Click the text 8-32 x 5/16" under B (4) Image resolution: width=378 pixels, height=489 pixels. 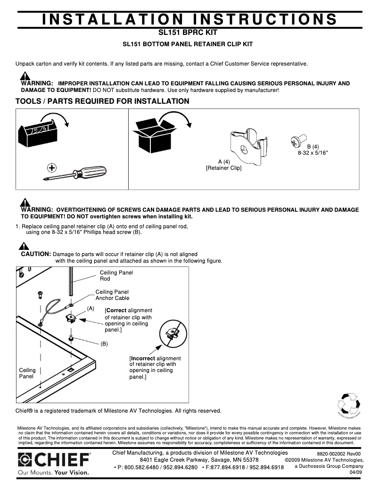tap(312, 153)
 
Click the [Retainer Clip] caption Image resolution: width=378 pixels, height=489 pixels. tap(223, 168)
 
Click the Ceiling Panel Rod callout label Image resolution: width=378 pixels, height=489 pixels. tap(116, 275)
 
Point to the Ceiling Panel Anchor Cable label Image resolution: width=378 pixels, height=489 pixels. tap(112, 295)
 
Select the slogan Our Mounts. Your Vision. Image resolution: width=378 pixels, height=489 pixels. tap(53, 472)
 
